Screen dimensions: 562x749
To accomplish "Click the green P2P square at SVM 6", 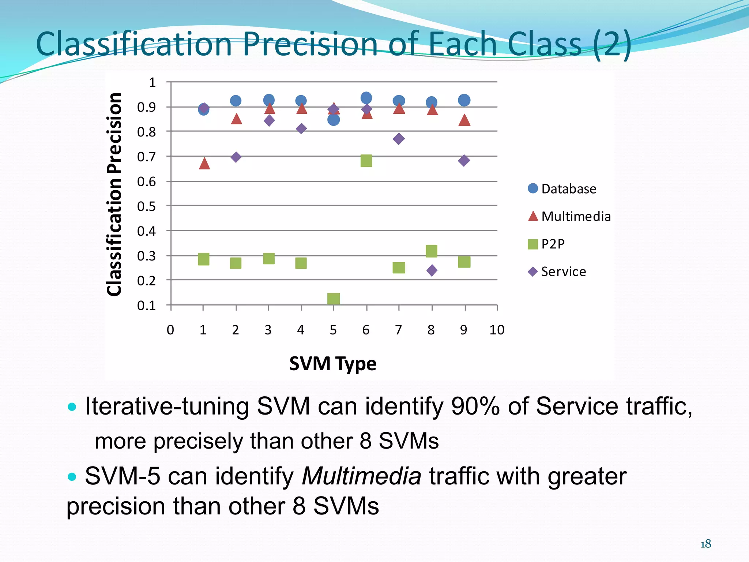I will click(x=366, y=161).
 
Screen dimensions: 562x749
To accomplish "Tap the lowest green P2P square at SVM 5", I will click(x=334, y=299).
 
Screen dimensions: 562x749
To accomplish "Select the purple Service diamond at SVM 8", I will click(x=432, y=270).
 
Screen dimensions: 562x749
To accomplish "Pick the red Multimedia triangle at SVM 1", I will click(x=204, y=164).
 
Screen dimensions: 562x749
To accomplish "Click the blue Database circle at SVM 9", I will click(x=464, y=100).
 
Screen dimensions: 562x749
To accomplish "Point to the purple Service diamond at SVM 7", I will click(x=399, y=139).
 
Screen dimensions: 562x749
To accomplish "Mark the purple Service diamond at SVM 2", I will click(x=236, y=157).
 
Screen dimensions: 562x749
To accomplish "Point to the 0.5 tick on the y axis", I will click(x=146, y=206).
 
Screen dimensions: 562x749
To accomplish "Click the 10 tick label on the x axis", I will click(x=497, y=330).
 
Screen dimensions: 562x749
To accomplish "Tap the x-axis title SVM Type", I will click(x=332, y=364).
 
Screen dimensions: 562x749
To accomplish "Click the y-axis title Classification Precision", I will click(x=114, y=194).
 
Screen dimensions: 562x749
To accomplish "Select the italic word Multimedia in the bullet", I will click(x=361, y=476).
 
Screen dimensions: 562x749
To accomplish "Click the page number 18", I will click(x=705, y=544).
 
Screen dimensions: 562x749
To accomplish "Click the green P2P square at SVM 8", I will click(x=432, y=251).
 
